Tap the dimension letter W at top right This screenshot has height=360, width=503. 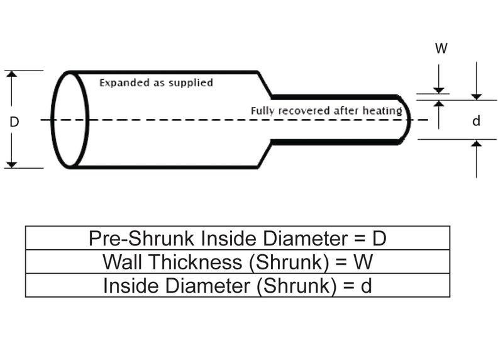tap(441, 48)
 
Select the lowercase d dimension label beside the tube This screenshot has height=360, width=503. tap(476, 121)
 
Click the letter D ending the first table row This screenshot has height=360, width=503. tap(379, 239)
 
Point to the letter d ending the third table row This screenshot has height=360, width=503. tap(366, 285)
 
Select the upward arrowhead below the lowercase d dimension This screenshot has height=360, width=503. tap(477, 145)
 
